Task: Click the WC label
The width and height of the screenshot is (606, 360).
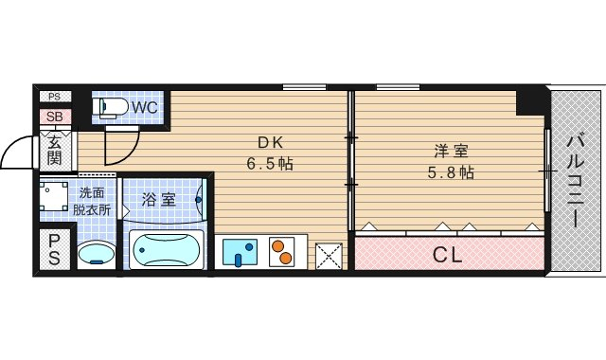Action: (145, 107)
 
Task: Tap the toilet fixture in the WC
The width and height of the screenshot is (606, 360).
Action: (110, 106)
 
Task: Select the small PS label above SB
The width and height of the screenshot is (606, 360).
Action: (53, 97)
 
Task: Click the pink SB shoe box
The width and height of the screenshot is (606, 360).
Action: (53, 117)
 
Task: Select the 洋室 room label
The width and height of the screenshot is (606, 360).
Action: (452, 151)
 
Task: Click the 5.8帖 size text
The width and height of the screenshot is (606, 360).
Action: (452, 172)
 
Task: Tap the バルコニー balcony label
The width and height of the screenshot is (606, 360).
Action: (575, 180)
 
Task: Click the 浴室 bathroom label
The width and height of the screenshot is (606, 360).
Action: (158, 200)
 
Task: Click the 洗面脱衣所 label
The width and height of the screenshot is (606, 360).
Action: (94, 202)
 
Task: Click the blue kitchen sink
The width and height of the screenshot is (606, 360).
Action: (241, 252)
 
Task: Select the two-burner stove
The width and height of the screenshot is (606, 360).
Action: (283, 252)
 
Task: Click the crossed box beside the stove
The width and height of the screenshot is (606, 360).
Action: (329, 254)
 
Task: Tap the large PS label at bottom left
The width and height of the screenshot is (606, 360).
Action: (54, 248)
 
